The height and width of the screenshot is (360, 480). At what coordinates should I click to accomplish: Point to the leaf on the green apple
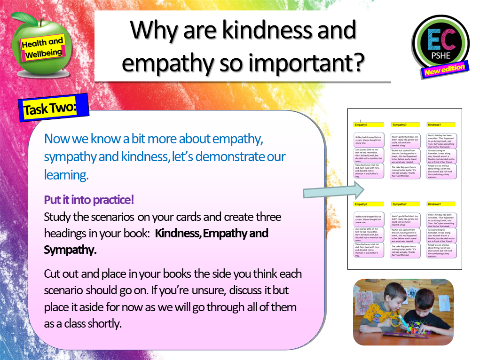click(21, 19)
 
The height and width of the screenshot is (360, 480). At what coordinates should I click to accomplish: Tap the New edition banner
click(444, 70)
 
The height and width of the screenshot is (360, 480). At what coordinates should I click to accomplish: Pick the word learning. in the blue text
click(66, 175)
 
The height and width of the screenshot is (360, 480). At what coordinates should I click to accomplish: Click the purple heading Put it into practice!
click(89, 200)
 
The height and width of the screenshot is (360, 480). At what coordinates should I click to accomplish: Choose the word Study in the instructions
click(57, 217)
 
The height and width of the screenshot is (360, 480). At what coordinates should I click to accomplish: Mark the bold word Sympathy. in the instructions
click(70, 250)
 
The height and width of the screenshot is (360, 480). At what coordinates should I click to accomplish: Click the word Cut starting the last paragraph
click(53, 274)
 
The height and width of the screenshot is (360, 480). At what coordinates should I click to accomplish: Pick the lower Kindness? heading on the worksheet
click(434, 204)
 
